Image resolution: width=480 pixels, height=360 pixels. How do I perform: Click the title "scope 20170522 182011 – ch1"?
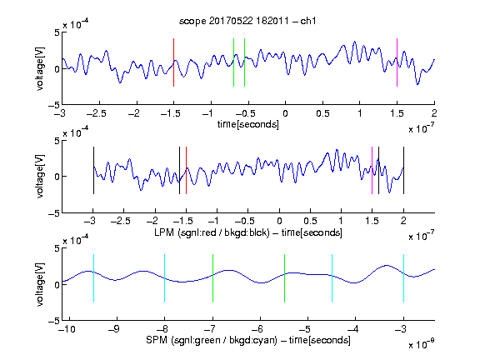pos(247,21)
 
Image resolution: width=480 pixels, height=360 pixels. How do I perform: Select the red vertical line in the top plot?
pos(173,62)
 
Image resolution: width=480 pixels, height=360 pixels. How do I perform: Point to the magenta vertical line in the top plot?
pos(397,62)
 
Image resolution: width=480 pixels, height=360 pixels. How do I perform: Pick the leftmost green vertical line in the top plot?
pos(233,62)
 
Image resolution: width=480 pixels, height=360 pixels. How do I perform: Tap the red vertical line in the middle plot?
pos(186,171)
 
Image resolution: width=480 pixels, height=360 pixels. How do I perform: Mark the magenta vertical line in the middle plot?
pos(372,171)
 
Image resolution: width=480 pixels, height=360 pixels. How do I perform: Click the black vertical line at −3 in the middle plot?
pos(93,171)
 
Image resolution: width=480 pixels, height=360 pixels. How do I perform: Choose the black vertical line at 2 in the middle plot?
pos(403,171)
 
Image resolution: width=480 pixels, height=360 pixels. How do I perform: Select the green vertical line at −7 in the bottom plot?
pos(212,278)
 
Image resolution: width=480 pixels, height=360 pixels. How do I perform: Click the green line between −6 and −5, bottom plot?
pos(284,278)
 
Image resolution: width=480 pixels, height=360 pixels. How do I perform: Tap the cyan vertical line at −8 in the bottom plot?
pos(165,278)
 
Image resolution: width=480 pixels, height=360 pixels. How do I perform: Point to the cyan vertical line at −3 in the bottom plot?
pos(403,278)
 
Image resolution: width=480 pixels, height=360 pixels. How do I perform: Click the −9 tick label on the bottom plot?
pos(114,329)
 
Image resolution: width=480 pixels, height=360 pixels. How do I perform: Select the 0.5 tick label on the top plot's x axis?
pos(322,113)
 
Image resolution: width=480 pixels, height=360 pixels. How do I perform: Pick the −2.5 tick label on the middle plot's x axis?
pos(121,221)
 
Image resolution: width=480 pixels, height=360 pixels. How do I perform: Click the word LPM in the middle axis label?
pos(164,232)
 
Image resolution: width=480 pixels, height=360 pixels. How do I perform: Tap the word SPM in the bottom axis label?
pos(157,340)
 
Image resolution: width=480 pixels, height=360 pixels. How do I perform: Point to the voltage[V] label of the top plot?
pos(40,68)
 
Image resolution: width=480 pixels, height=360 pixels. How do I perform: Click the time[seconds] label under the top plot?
pos(248,124)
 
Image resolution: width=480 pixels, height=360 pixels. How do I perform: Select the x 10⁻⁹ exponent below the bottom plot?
pos(421,344)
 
